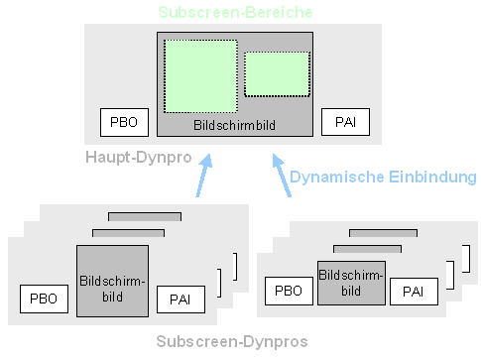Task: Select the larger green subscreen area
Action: click(200, 76)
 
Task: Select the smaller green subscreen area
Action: click(277, 73)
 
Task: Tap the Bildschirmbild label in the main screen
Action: click(234, 126)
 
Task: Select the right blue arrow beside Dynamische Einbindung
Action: click(281, 176)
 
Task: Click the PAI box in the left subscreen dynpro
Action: click(180, 298)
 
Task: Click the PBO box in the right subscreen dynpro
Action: click(289, 291)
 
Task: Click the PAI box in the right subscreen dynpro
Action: click(414, 291)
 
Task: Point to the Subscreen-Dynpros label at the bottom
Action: click(231, 341)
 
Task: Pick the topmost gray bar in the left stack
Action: click(145, 216)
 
